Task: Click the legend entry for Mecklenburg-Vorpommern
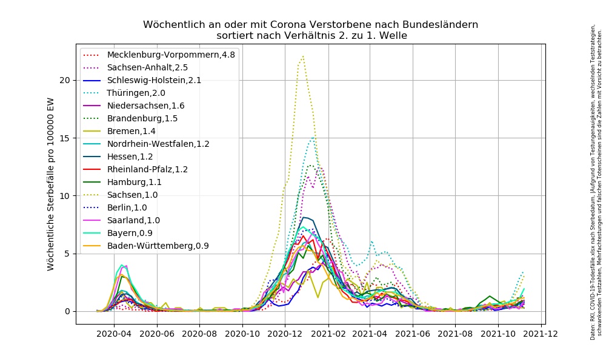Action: [171, 55]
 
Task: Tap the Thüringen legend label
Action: [136, 93]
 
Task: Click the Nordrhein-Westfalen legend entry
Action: [158, 144]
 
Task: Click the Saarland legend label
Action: [135, 220]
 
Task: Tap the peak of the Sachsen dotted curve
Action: [302, 56]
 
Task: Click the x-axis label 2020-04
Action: [114, 333]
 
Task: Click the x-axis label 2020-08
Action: [199, 333]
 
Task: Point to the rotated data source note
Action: [595, 182]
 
